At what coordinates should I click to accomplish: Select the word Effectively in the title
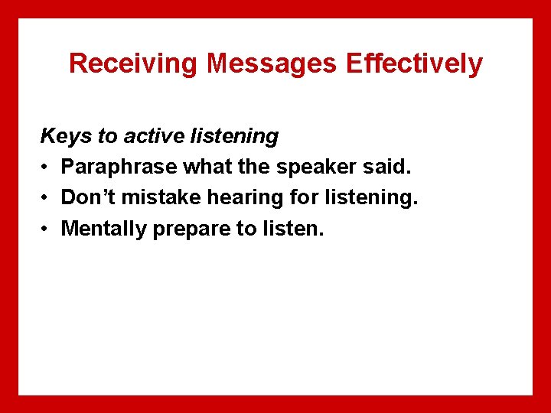[x=414, y=63]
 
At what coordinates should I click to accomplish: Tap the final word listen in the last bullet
[x=292, y=229]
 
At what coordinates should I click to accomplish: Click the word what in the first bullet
[x=206, y=167]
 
